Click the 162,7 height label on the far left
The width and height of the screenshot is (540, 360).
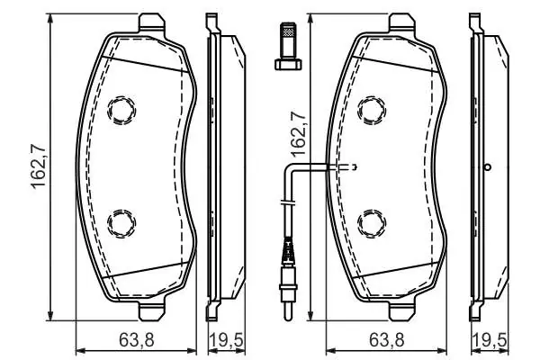39,167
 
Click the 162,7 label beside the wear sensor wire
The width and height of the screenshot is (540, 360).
298,134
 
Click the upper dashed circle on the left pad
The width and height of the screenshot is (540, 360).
121,110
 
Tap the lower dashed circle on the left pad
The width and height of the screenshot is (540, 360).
121,223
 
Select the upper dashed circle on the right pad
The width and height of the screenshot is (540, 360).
372,110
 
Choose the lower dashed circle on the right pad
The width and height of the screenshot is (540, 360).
372,223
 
